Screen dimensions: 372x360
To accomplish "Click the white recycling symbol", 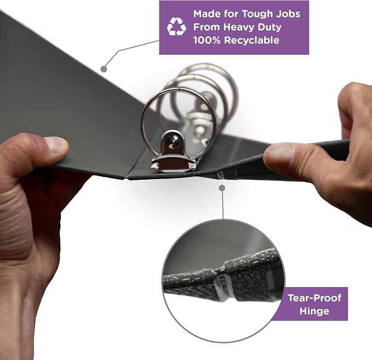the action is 176,27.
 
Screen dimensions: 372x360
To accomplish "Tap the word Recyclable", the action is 251,40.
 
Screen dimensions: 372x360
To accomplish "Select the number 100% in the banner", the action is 207,40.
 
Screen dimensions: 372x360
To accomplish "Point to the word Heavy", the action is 239,27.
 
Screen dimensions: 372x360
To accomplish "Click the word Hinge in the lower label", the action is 314,311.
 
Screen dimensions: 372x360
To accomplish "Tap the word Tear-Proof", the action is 314,298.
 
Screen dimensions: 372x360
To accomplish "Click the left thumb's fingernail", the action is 56,145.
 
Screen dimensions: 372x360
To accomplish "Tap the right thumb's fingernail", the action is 279,154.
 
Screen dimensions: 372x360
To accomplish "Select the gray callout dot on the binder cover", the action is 104,69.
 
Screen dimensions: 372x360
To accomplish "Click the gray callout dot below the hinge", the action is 222,188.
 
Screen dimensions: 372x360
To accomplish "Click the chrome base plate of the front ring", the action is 174,164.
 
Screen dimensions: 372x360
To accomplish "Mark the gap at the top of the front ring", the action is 177,89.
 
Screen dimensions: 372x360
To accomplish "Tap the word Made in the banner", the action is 207,14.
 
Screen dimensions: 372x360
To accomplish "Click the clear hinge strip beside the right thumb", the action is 221,175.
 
